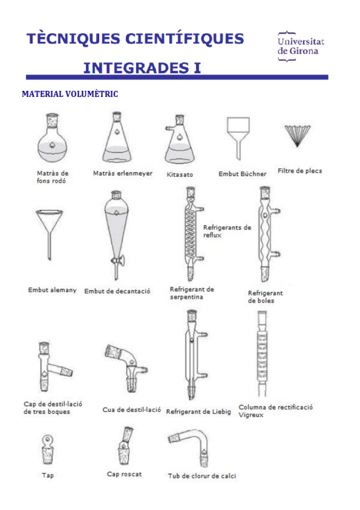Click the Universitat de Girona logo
pyautogui.click(x=301, y=46)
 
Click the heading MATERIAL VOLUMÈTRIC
pyautogui.click(x=70, y=94)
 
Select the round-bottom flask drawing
pyautogui.click(x=52, y=138)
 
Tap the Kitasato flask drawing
pyautogui.click(x=179, y=140)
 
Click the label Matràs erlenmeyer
pyautogui.click(x=123, y=173)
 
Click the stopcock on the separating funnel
pyautogui.click(x=117, y=260)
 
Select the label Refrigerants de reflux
pyautogui.click(x=227, y=231)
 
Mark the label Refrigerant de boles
pyautogui.click(x=265, y=296)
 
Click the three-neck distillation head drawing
pyautogui.click(x=51, y=367)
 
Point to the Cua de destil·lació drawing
pyautogui.click(x=127, y=367)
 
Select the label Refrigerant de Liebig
pyautogui.click(x=198, y=411)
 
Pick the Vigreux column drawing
pyautogui.click(x=262, y=353)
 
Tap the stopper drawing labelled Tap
pyautogui.click(x=47, y=450)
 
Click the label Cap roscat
pyautogui.click(x=124, y=475)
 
